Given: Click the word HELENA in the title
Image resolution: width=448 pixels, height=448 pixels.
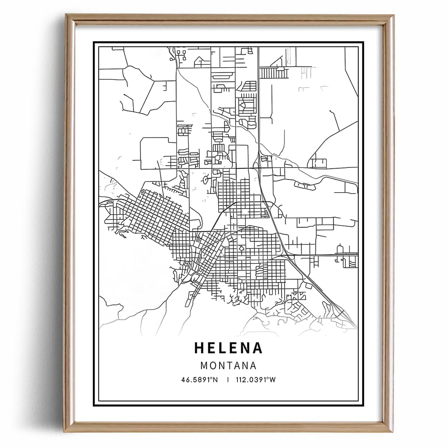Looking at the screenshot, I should [x=228, y=348].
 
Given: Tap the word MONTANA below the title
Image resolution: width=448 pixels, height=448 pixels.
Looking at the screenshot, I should [x=228, y=366].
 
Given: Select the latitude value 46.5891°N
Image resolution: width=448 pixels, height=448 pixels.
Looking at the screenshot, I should [x=199, y=380].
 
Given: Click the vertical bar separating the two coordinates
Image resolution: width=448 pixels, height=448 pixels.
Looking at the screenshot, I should [x=228, y=380].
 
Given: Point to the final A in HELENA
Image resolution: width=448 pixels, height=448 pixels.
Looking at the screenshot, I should [x=257, y=348].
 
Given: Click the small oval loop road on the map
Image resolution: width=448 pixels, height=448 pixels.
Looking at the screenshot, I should [x=206, y=181].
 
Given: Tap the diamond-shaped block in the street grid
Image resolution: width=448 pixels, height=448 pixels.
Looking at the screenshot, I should [x=241, y=248].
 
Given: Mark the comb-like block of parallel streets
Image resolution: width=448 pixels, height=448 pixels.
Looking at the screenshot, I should [x=269, y=73].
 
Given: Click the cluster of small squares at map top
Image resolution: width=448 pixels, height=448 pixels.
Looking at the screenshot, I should [x=181, y=54].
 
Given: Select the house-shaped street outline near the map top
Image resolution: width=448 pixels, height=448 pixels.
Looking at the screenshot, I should [x=200, y=60].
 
